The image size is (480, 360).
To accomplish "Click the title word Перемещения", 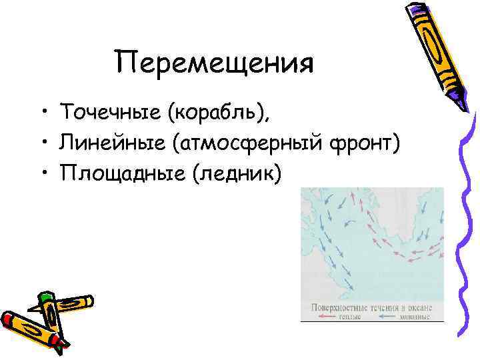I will pos(214,65).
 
